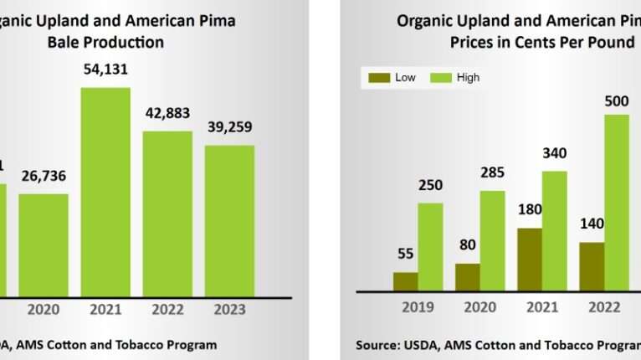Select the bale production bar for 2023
click(229, 220)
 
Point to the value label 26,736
click(44, 177)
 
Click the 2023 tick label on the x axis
click(229, 310)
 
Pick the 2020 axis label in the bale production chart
click(44, 310)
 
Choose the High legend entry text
click(469, 78)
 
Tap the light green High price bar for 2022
click(617, 203)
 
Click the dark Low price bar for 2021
click(530, 260)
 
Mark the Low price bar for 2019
click(406, 281)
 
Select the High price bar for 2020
click(492, 241)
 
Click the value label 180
click(530, 209)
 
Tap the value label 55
click(406, 254)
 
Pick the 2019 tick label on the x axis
click(418, 308)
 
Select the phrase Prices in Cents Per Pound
click(542, 42)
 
